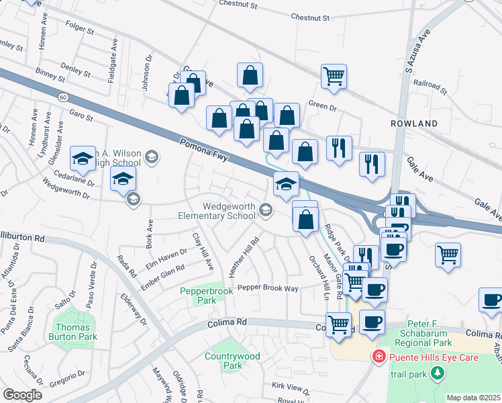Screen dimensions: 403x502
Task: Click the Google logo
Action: [x=22, y=395]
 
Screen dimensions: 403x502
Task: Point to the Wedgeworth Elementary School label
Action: [x=217, y=211]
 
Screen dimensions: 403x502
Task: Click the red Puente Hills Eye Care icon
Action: [x=379, y=357]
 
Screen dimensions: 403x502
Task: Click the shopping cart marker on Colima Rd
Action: [x=339, y=324]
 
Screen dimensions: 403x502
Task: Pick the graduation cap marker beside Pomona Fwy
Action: [x=286, y=184]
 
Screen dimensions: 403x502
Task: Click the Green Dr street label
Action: [x=321, y=105]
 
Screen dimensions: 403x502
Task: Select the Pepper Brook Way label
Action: [x=268, y=288]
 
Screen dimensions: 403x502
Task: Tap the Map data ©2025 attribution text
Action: [x=472, y=398]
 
